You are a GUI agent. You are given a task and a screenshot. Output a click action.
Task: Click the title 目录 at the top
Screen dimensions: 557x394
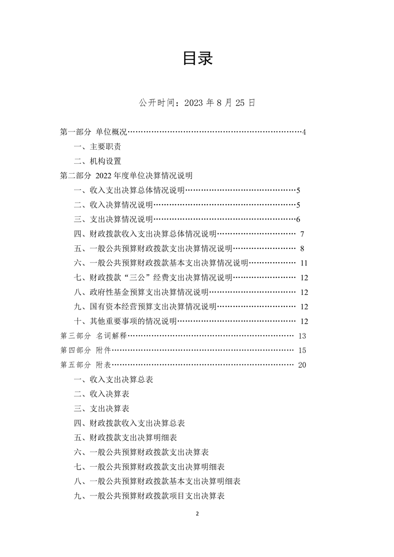pyautogui.click(x=197, y=59)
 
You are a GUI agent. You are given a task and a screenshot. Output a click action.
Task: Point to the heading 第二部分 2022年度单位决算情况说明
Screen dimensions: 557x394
pyautogui.click(x=126, y=176)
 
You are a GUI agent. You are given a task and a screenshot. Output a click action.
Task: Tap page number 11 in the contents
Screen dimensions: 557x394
pyautogui.click(x=305, y=263)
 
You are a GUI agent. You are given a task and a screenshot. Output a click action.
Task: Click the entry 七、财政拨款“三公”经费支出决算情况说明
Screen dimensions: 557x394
pyautogui.click(x=153, y=278)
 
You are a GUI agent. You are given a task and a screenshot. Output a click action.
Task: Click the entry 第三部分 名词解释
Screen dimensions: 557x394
pyautogui.click(x=93, y=336)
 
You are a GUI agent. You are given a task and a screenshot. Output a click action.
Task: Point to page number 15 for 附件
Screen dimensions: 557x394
pyautogui.click(x=302, y=350)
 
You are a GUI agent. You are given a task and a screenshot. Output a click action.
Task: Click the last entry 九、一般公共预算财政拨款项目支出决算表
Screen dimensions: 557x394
pyautogui.click(x=149, y=496)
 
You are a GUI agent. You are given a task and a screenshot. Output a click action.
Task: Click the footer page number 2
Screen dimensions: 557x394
pyautogui.click(x=197, y=514)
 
